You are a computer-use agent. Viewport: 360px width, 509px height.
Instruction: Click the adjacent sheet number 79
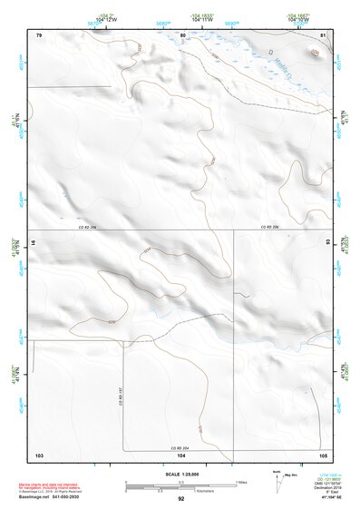[39, 35]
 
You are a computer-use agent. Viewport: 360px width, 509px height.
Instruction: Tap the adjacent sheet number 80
[182, 35]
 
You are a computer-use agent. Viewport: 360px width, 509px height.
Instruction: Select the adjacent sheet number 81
[323, 35]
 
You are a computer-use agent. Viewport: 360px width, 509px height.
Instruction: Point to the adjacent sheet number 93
[328, 242]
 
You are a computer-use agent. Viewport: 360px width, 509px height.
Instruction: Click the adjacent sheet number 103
[39, 454]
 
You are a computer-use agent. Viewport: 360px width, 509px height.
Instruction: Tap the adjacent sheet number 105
[324, 454]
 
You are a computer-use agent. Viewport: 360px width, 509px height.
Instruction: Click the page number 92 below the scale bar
[181, 498]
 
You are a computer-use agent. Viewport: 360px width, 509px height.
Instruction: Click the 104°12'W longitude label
[108, 20]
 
